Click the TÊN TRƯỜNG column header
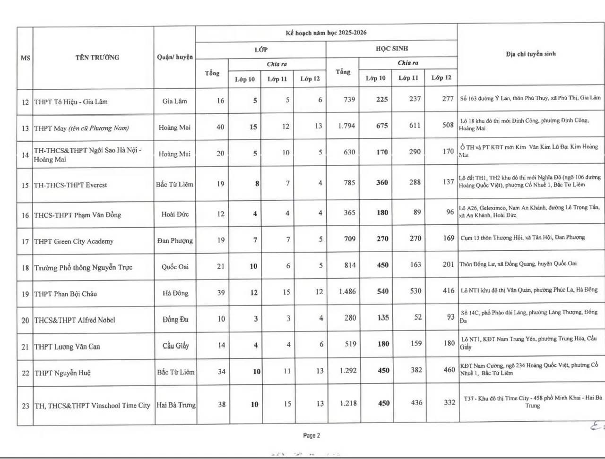click(x=97, y=58)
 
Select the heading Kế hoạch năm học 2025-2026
click(x=326, y=33)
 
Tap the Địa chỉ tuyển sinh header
click(x=531, y=54)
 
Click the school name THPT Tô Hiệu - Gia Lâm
click(x=71, y=102)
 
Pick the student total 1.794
click(x=346, y=126)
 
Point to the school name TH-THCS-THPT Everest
click(x=70, y=185)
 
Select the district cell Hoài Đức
click(x=175, y=214)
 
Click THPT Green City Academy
click(x=74, y=241)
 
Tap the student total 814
click(x=350, y=265)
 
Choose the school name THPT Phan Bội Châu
click(x=66, y=294)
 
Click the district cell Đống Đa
click(x=175, y=320)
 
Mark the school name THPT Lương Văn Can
click(x=67, y=347)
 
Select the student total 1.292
click(x=348, y=371)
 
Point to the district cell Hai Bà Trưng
click(x=176, y=405)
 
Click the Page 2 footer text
click(x=311, y=435)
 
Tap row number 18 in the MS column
click(x=25, y=268)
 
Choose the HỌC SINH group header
click(x=392, y=49)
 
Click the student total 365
click(x=349, y=213)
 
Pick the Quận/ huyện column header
click(x=175, y=57)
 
